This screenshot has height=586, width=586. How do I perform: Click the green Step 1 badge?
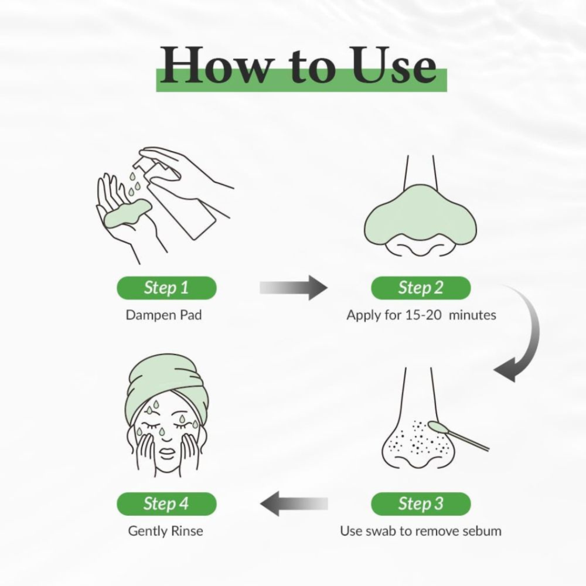pyautogui.click(x=166, y=288)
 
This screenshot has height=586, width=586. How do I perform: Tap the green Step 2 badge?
pyautogui.click(x=421, y=288)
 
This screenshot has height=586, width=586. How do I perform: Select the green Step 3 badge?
pyautogui.click(x=421, y=504)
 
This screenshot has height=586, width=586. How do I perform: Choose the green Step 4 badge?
pyautogui.click(x=166, y=504)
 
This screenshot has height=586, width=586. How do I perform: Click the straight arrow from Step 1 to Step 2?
pyautogui.click(x=294, y=288)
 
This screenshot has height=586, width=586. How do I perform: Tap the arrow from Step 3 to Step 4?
pyautogui.click(x=294, y=504)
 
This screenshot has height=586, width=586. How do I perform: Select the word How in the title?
pyautogui.click(x=215, y=66)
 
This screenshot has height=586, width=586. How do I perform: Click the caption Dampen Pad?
pyautogui.click(x=163, y=315)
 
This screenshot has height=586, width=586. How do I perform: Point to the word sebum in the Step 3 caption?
pyautogui.click(x=481, y=531)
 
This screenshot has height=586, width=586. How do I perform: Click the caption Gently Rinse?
pyautogui.click(x=166, y=531)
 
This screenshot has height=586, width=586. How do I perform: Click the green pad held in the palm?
pyautogui.click(x=127, y=213)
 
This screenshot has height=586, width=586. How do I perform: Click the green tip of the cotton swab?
pyautogui.click(x=438, y=427)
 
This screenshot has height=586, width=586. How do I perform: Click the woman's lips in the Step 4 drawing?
pyautogui.click(x=166, y=455)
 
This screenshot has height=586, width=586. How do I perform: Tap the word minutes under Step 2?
pyautogui.click(x=472, y=315)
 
